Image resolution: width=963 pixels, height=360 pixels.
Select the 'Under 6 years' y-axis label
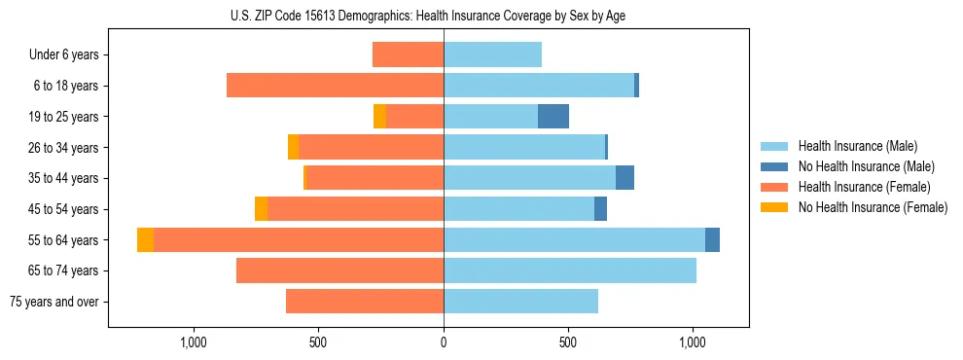tap(63, 55)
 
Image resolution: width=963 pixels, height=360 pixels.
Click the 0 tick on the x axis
tap(444, 342)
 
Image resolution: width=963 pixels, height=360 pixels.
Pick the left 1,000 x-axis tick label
tap(194, 342)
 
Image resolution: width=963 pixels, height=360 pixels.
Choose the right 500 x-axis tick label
tap(568, 342)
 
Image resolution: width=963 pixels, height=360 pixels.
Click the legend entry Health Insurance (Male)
tap(857, 146)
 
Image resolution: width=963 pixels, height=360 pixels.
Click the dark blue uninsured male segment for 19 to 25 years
tap(553, 117)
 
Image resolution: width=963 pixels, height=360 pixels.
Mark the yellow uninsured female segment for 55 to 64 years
tap(145, 240)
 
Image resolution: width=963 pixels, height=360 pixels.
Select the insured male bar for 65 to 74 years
tap(570, 270)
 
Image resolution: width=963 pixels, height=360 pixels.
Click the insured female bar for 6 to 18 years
tap(335, 86)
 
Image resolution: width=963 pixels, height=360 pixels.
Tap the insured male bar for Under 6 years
tap(492, 55)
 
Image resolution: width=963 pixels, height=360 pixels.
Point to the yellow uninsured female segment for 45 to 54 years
tap(261, 209)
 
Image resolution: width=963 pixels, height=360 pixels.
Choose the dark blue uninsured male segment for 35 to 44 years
tap(624, 178)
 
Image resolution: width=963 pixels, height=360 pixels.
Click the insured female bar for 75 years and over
tap(365, 302)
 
